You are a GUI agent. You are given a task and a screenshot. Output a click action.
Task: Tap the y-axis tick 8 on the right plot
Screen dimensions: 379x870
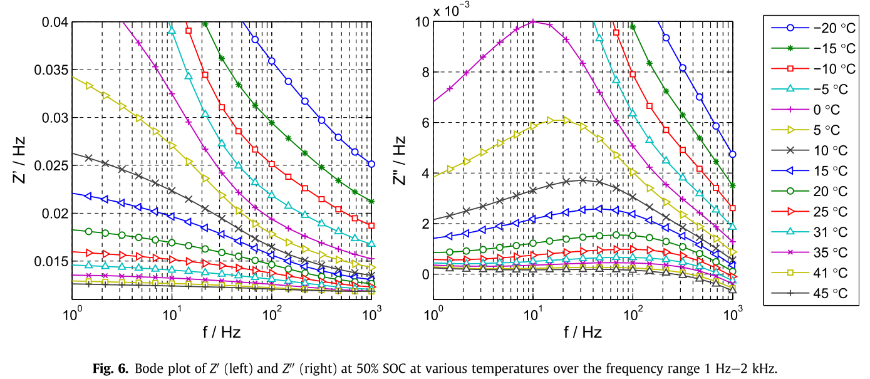coord(424,72)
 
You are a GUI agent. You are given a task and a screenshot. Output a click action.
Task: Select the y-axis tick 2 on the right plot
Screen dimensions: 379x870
coord(424,224)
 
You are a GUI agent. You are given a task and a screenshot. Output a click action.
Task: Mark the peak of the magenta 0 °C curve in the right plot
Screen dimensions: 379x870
coord(533,21)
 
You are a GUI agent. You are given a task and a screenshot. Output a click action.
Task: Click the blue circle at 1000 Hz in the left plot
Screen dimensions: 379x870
coord(371,164)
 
